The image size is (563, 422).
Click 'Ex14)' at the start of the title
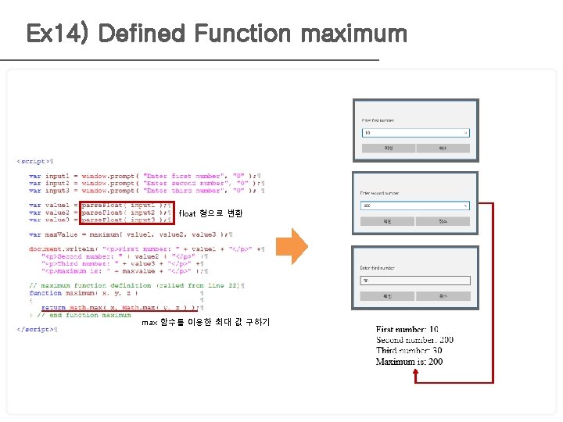click(x=59, y=34)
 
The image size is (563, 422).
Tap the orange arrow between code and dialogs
click(x=292, y=246)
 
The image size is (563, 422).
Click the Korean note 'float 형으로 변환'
click(x=210, y=213)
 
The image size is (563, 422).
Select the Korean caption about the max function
click(x=206, y=322)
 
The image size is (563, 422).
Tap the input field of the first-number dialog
click(x=414, y=133)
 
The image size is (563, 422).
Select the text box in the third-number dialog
click(x=414, y=281)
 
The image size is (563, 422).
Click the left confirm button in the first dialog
click(x=388, y=148)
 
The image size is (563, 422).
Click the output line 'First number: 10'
click(x=407, y=331)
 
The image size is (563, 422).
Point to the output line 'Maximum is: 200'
click(x=409, y=362)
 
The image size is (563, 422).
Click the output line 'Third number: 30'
click(x=408, y=351)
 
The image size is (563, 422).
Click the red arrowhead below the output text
click(x=416, y=374)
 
